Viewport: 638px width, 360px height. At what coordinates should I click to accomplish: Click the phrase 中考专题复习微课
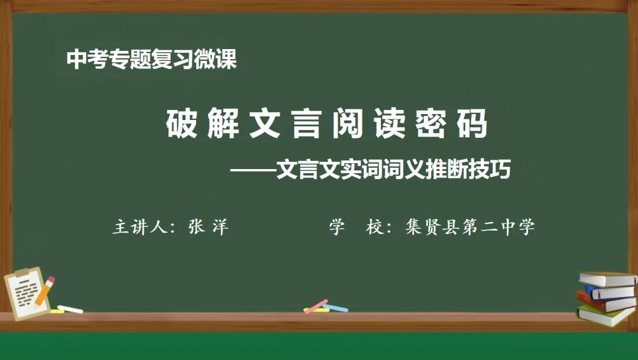click(x=152, y=59)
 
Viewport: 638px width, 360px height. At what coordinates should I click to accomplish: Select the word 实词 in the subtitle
click(x=350, y=170)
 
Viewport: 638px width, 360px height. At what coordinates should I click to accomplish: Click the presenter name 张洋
click(x=208, y=228)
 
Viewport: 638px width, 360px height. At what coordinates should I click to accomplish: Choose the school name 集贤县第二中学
click(x=470, y=228)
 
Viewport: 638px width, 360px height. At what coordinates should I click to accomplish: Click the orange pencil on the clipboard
click(x=45, y=291)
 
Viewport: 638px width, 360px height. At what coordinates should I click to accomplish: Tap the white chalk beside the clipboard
click(x=70, y=309)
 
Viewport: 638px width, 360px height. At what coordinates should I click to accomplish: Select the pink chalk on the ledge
click(x=317, y=306)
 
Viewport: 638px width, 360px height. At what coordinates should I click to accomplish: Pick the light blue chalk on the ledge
click(x=335, y=308)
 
